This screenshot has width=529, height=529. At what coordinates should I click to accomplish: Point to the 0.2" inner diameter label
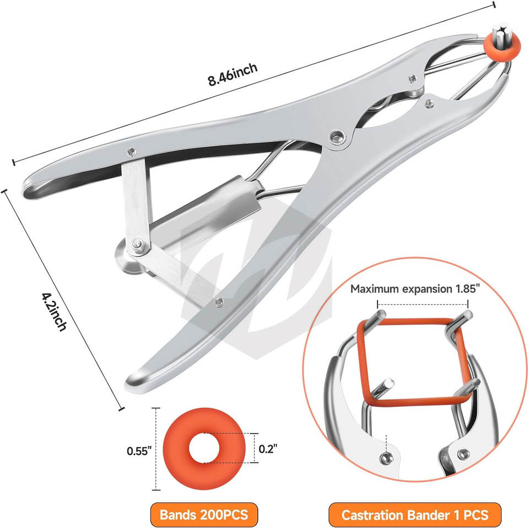(x=268, y=449)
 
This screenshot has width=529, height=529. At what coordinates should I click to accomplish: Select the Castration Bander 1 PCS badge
(x=414, y=515)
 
